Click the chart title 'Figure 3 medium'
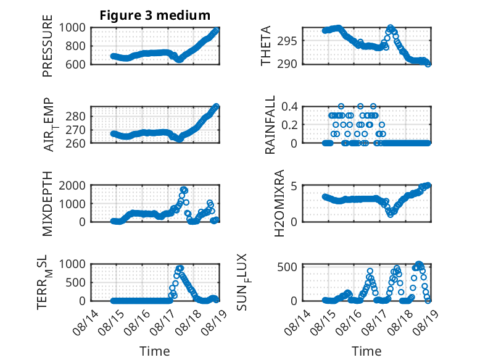tap(155, 15)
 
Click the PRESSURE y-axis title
tap(48, 46)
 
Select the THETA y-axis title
tap(266, 46)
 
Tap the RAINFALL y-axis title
tap(270, 125)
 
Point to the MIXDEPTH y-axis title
tap(48, 204)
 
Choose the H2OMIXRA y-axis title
tap(279, 203)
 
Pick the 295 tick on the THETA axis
tap(287, 41)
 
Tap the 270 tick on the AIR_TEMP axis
tap(75, 130)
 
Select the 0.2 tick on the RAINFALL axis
tap(289, 125)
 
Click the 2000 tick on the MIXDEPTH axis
tap(72, 186)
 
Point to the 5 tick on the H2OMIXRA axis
tap(294, 186)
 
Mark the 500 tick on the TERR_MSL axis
tap(75, 282)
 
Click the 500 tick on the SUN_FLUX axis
tap(287, 267)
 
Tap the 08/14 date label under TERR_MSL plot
tap(86, 322)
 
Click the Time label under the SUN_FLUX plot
tap(366, 351)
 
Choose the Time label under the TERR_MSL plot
tap(155, 351)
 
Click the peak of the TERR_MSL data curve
tap(180, 268)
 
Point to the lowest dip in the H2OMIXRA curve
tap(391, 214)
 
